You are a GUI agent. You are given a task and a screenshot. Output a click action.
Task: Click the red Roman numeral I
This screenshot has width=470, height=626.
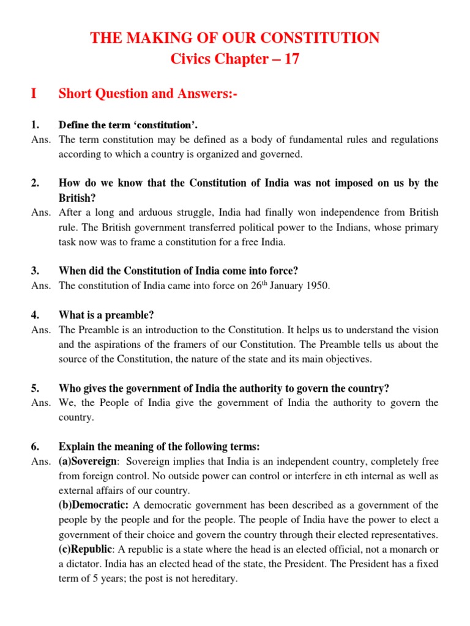point(34,94)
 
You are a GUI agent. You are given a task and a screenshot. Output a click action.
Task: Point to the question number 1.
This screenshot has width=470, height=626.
point(35,125)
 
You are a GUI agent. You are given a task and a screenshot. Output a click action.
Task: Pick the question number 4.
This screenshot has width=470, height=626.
point(35,315)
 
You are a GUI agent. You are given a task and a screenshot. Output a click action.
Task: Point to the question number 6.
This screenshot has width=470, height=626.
point(35,446)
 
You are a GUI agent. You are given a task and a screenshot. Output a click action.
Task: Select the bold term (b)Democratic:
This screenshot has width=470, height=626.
point(94,505)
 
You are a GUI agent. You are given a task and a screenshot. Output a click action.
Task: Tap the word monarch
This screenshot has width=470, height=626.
point(406,549)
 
